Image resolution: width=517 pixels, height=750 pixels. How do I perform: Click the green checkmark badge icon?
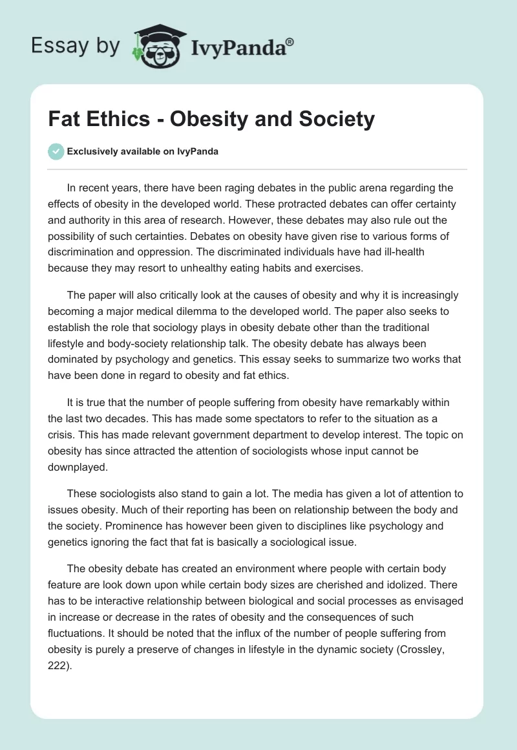coord(56,151)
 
